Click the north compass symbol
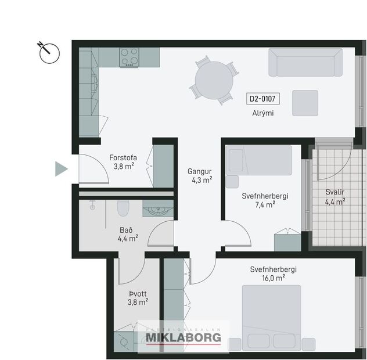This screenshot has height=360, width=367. tap(50, 52)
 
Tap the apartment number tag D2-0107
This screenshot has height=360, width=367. tap(261, 99)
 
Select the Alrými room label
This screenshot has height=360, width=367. tap(262, 113)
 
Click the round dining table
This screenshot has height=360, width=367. tap(214, 80)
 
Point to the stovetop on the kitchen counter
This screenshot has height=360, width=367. tap(129, 57)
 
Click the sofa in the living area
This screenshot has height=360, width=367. tap(305, 63)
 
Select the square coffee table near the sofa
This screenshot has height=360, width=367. tap(305, 103)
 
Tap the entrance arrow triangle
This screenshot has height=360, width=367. tap(61, 169)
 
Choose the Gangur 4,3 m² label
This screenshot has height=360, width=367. tap(199, 175)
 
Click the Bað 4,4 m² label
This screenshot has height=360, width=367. tap(128, 233)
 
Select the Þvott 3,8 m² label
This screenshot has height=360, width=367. tap(138, 297)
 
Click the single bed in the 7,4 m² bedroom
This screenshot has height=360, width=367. tap(259, 160)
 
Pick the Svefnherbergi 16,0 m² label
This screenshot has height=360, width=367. tap(274, 273)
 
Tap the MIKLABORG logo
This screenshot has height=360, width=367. tap(183, 337)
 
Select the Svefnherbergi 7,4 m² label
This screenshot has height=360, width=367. tap(265, 200)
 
